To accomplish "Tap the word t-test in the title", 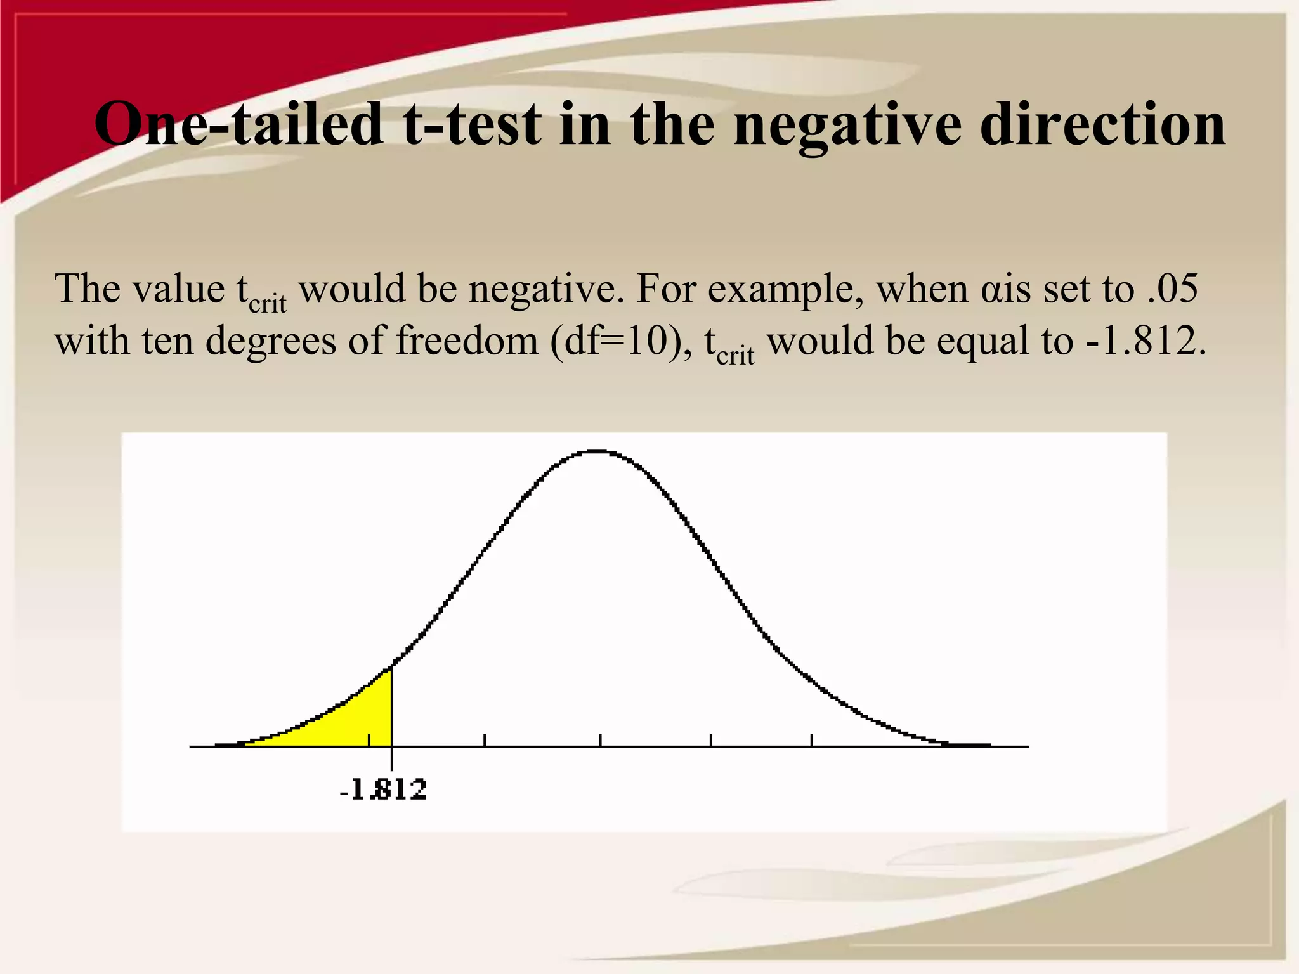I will click(x=472, y=124).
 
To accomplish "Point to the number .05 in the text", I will click(x=1173, y=289).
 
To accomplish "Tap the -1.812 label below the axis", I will click(x=383, y=790).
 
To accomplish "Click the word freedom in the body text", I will click(x=467, y=341).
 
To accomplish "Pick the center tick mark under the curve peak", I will click(x=600, y=740).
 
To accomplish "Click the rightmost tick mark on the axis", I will click(x=811, y=740).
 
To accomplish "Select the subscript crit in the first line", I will click(x=267, y=304).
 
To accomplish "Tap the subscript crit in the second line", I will click(x=735, y=356).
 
